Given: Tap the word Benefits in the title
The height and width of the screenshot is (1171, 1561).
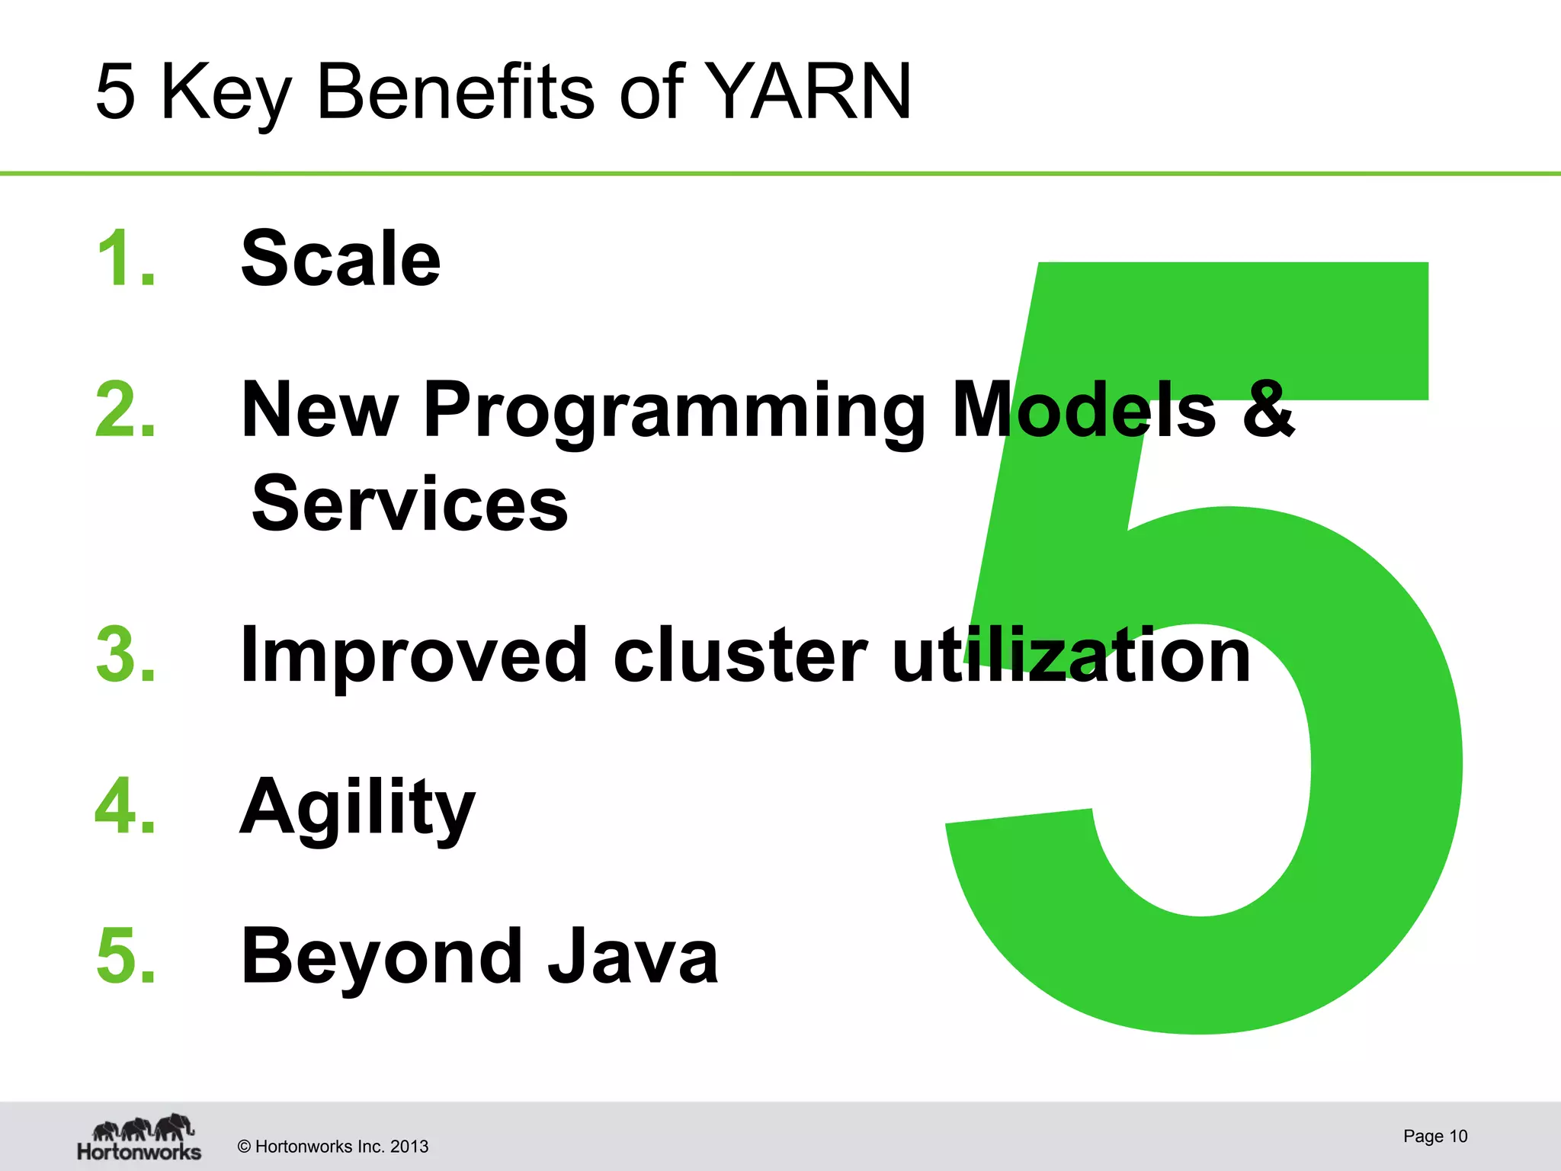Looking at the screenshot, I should pyautogui.click(x=454, y=92).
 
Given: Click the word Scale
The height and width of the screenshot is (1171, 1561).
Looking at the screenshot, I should pyautogui.click(x=341, y=259).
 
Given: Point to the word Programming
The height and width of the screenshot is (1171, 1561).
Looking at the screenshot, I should pyautogui.click(x=674, y=412).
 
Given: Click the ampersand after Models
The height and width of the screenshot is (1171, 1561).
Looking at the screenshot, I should pyautogui.click(x=1268, y=410).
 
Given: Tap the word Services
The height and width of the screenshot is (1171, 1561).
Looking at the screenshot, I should pyautogui.click(x=410, y=504).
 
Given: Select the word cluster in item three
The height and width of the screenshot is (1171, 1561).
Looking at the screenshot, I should pyautogui.click(x=740, y=655).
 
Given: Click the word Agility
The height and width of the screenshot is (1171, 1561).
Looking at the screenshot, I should pyautogui.click(x=357, y=808).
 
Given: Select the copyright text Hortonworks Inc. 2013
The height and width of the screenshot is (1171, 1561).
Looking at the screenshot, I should pyautogui.click(x=333, y=1147).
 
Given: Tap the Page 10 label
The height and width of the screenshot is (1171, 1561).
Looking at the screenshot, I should pyautogui.click(x=1434, y=1136).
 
